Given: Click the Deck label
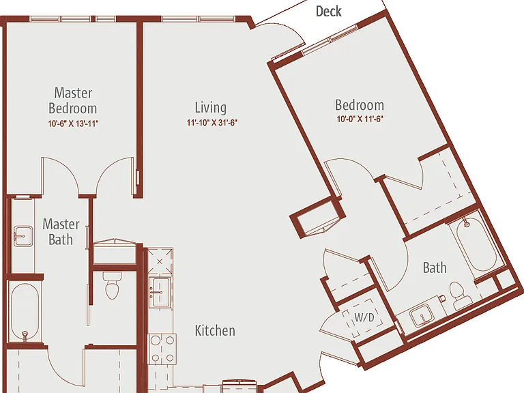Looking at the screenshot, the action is tap(328, 12).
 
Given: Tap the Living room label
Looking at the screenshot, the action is tap(211, 107).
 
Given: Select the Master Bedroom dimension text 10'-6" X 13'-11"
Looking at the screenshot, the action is tap(73, 123).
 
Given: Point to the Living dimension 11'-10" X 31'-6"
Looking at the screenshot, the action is tap(212, 123).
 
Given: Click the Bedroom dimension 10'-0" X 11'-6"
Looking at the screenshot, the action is tap(360, 119).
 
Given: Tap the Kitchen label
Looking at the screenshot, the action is tap(215, 330).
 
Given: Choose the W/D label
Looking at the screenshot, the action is tap(364, 317).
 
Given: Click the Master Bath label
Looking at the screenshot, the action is tap(61, 231).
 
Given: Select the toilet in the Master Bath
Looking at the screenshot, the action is tap(113, 285).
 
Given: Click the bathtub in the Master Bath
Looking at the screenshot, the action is tap(25, 312).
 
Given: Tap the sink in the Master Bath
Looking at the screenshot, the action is tap(23, 236).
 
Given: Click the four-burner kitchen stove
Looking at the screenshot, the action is tap(162, 349).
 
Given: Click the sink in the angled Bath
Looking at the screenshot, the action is tap(422, 316).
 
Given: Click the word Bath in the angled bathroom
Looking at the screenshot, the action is tap(435, 267).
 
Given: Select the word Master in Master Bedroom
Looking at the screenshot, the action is tap(73, 93).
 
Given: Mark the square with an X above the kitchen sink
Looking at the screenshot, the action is tap(160, 261).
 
